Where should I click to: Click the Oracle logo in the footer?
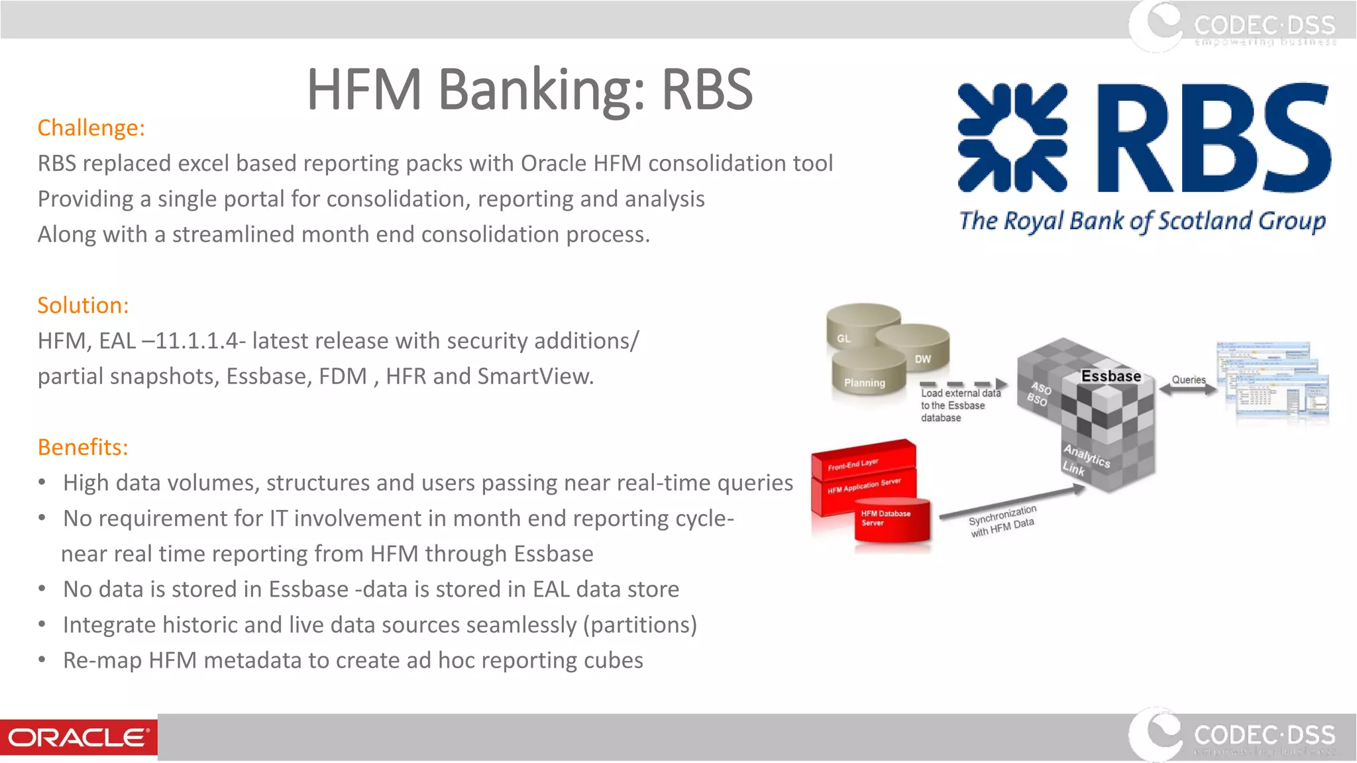coord(78,737)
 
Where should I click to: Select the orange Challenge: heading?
coord(91,127)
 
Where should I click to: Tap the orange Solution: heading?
coord(83,305)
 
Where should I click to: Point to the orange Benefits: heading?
coord(83,447)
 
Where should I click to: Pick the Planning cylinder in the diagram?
coord(865,378)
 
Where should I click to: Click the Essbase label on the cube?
coord(1111,376)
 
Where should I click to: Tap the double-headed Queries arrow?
coord(1188,390)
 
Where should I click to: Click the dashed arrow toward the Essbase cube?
coord(963,384)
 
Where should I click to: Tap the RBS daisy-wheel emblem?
coord(1012,138)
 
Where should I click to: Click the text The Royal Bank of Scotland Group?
coord(1142,221)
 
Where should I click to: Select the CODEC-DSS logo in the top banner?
coord(1232,25)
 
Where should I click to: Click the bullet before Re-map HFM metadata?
coord(42,660)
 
